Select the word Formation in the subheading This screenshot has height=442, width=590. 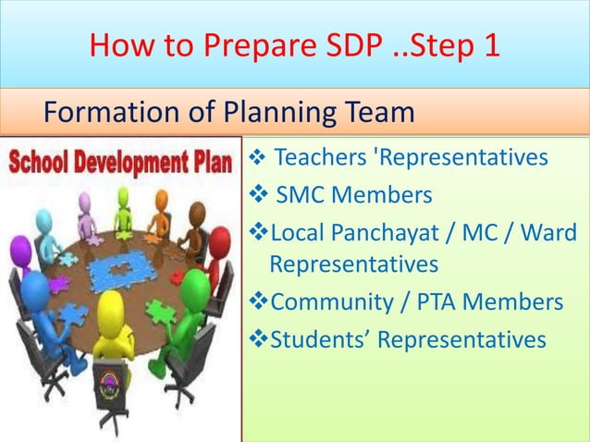[x=109, y=114]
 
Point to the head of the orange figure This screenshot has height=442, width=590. [x=161, y=199]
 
